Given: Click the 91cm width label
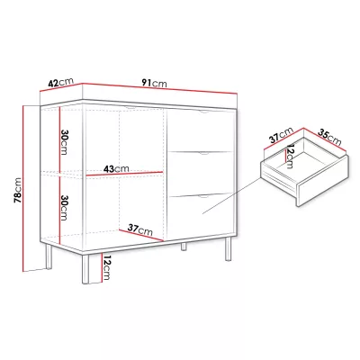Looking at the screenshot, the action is pos(154,83).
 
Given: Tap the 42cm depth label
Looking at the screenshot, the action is pos(60,82).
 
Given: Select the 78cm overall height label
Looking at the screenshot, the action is pos(18,190).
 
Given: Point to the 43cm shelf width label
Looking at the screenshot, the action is pos(116,169).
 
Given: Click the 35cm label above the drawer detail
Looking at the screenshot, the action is pos(329,137).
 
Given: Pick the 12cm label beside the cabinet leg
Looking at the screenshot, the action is pos(107,266).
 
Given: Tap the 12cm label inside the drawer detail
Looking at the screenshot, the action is pos(290,157).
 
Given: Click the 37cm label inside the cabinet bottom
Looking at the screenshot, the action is pos(140,229).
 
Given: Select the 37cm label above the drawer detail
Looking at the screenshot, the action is pos(281,135).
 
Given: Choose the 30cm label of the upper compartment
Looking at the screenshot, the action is pos(64,142).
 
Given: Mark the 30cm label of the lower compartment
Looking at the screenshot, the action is pos(64,208).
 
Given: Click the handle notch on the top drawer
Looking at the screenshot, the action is pos(205,112).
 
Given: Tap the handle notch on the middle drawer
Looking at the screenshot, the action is pos(204,154).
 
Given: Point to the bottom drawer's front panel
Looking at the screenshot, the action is pos(202,216).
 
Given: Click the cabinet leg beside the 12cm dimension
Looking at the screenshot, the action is pos(85,269).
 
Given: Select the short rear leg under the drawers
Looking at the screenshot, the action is pos(184,247).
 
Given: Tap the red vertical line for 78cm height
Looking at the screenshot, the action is pos(23,188).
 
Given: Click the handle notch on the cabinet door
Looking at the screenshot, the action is pos(130,107).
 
